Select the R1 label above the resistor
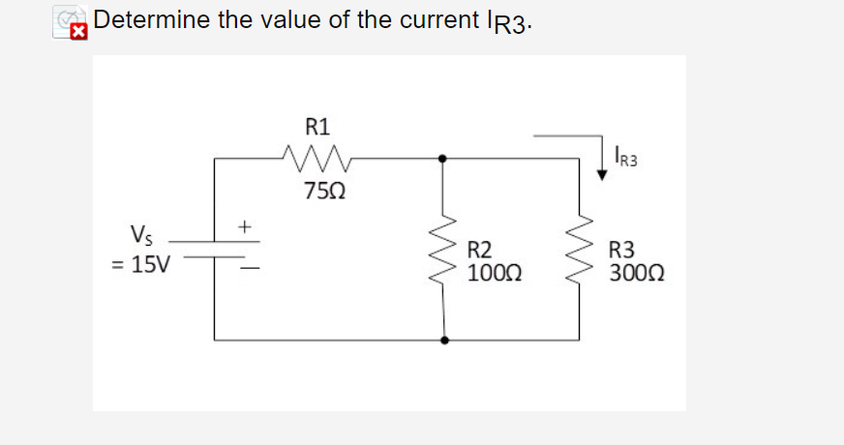pos(317,126)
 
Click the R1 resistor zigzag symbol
pos(317,156)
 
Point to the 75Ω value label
pos(319,191)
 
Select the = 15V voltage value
pos(141,264)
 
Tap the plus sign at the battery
pos(246,227)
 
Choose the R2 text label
pos(481,250)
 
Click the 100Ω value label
pos(496,271)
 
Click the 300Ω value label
pos(637,271)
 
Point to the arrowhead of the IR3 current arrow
pos(602,168)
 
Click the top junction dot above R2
pos(443,157)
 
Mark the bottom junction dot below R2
pos(444,341)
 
